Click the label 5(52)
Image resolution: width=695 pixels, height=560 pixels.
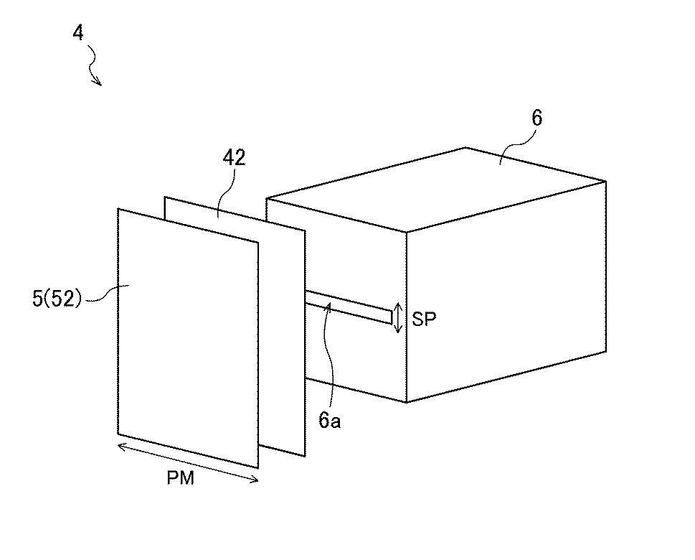(58, 297)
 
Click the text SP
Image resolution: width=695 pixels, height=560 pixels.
(425, 319)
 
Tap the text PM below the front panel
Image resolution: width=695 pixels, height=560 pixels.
(181, 478)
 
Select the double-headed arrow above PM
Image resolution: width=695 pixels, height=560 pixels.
(188, 463)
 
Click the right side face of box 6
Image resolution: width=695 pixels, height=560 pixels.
(506, 294)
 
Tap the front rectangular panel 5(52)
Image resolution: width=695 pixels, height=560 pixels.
(186, 337)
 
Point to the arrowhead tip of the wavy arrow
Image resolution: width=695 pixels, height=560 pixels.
(100, 85)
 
